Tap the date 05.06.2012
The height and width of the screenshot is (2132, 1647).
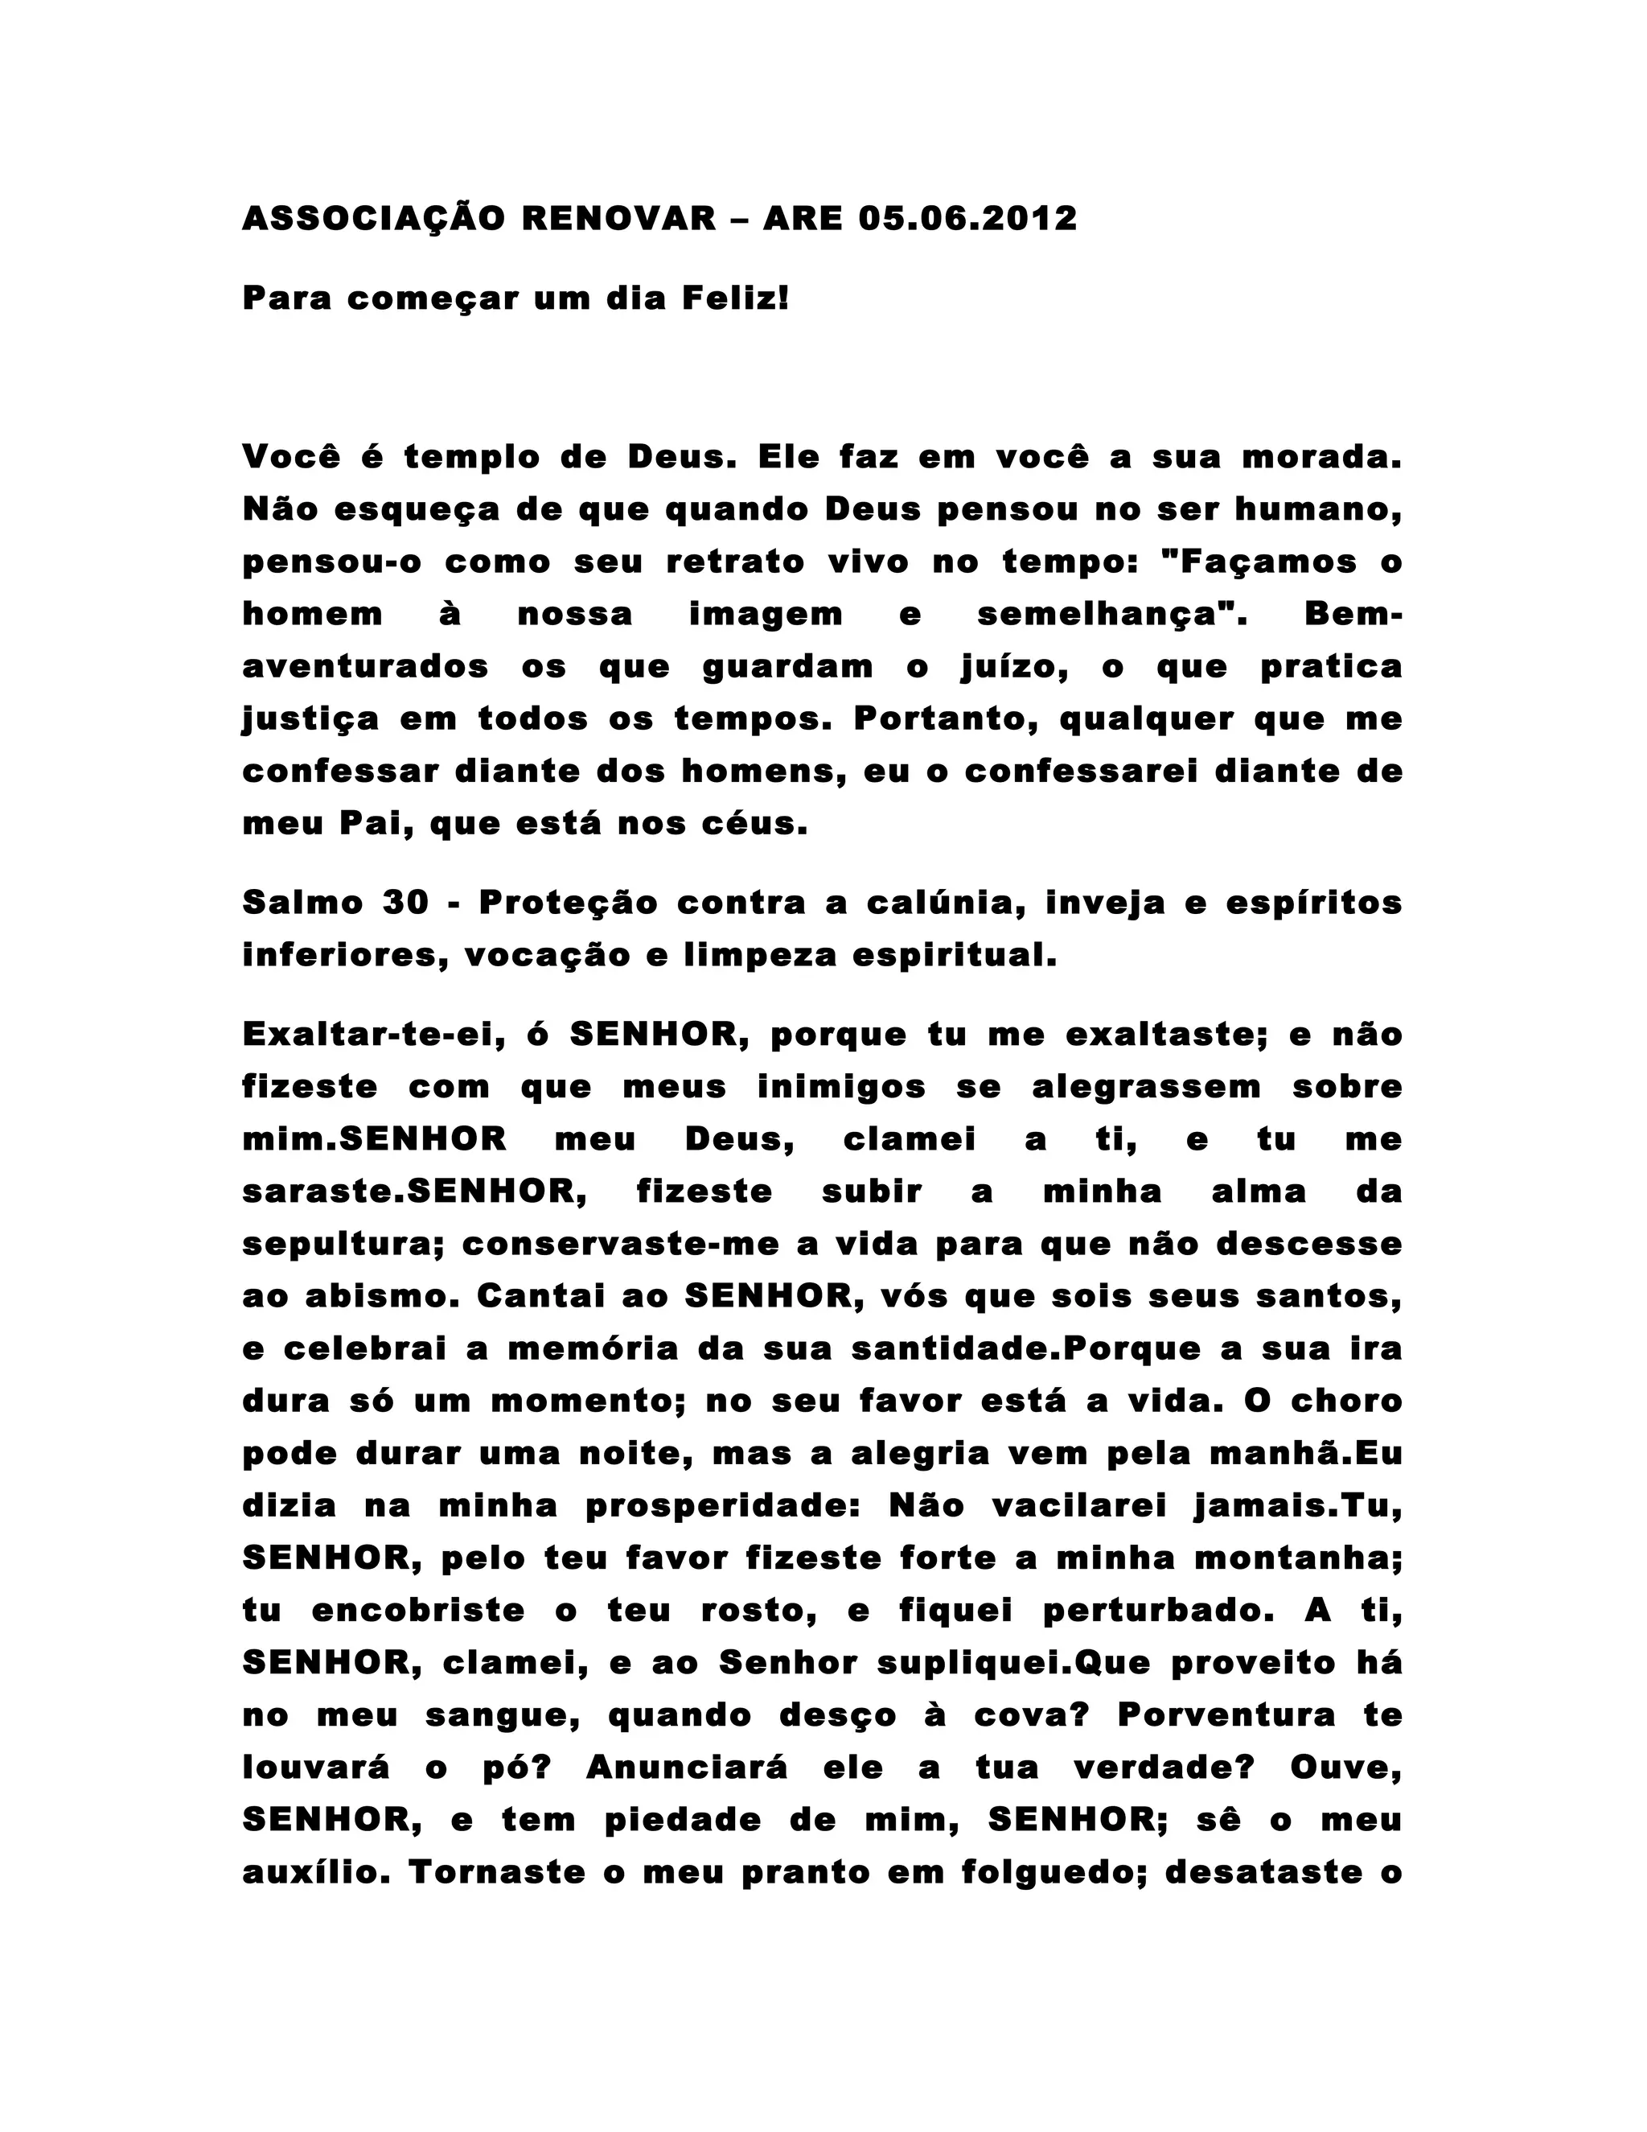point(968,218)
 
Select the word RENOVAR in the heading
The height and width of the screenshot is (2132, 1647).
point(619,218)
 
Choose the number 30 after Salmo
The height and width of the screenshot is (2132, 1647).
point(406,903)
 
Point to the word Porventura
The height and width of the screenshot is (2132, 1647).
point(1226,1716)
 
